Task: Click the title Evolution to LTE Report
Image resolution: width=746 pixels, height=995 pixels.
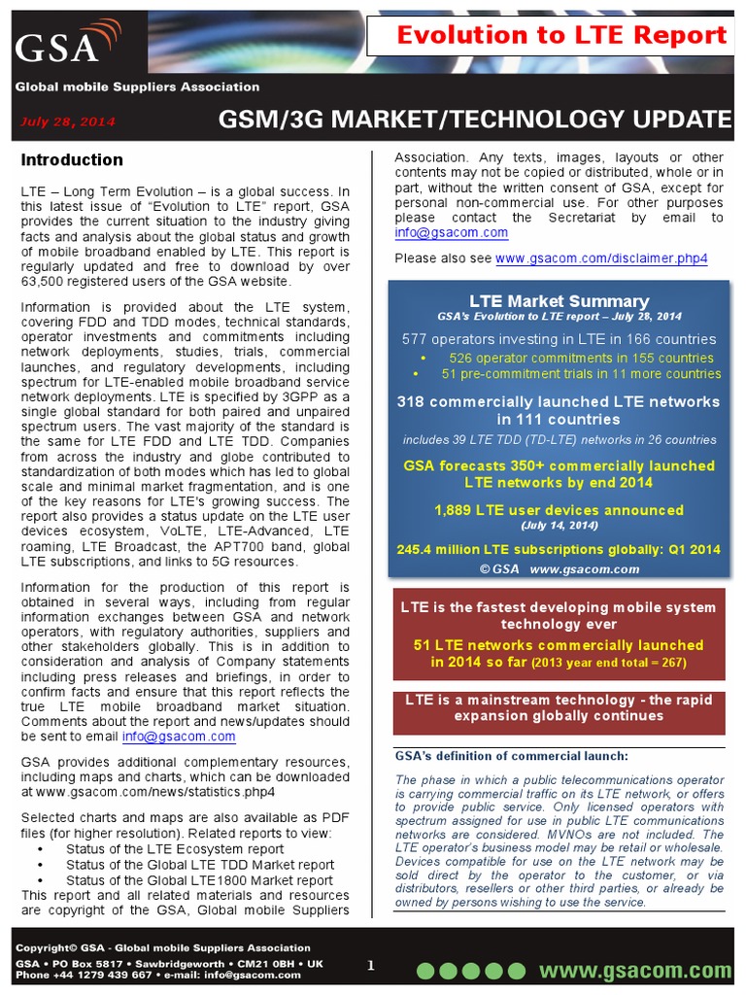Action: tap(562, 36)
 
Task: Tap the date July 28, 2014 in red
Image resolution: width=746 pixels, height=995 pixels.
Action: tap(68, 121)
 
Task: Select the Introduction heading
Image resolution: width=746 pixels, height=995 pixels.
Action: tap(72, 160)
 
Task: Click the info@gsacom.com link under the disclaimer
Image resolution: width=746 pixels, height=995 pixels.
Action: tap(451, 233)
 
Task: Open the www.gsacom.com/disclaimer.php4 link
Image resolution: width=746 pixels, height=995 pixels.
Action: tap(601, 258)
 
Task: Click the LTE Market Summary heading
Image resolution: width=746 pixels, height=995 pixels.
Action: tap(559, 301)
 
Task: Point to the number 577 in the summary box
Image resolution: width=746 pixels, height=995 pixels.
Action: tap(416, 339)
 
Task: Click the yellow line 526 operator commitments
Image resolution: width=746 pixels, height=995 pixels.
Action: tap(580, 358)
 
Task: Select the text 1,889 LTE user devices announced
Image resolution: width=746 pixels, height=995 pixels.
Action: tap(559, 510)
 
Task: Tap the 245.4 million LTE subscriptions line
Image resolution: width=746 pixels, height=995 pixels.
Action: tap(559, 549)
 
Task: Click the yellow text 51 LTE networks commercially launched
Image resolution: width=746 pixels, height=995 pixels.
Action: tap(559, 645)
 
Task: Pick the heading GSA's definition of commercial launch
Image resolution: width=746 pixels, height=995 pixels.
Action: tap(511, 756)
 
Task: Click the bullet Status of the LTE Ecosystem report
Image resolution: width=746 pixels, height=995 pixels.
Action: tap(175, 848)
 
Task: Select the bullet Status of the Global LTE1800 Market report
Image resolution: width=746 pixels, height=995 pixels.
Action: tap(199, 880)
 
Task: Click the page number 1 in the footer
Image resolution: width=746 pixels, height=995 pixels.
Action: tap(370, 965)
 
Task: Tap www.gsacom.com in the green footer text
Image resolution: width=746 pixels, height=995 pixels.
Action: tap(635, 971)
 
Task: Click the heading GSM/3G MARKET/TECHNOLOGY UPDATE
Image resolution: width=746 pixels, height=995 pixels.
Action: tap(474, 120)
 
